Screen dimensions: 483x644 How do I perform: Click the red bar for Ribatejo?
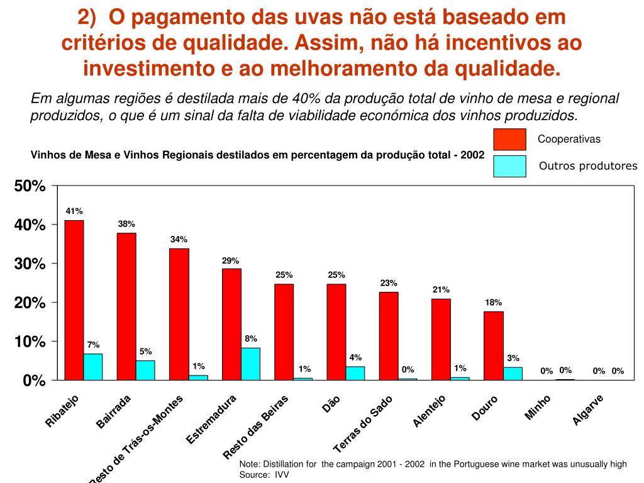tap(74, 300)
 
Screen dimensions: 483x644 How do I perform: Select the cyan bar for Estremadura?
tap(250, 364)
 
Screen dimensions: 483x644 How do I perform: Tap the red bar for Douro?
tap(494, 346)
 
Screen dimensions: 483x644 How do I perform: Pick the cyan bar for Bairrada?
tap(145, 370)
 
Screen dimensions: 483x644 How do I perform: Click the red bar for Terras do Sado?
tap(389, 336)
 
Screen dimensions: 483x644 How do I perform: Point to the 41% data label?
tap(74, 211)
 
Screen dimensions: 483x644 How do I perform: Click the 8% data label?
tap(251, 339)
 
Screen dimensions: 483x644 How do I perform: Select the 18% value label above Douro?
tap(493, 303)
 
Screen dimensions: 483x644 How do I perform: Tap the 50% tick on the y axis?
tap(30, 187)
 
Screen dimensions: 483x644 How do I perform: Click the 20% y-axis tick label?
tap(30, 303)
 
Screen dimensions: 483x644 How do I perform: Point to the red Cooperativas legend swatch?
tap(509, 139)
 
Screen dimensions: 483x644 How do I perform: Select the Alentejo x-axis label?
tap(430, 411)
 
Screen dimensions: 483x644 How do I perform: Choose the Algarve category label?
tap(588, 409)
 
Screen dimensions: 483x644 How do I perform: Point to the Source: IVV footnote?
tap(264, 475)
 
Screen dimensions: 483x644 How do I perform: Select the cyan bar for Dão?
tap(355, 374)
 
